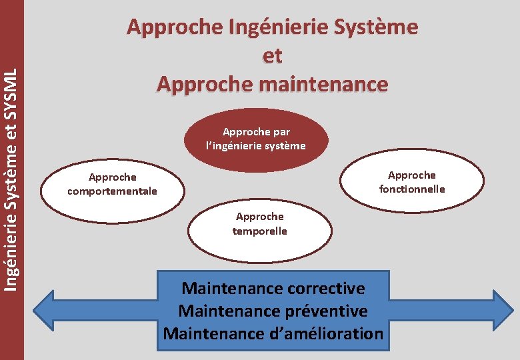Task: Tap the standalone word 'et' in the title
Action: coord(272,56)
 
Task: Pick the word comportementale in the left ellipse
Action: coord(112,191)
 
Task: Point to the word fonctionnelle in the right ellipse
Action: coord(412,189)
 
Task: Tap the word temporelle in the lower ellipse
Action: coord(259,231)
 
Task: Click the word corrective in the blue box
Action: coord(326,289)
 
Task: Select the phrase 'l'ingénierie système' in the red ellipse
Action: coord(256,145)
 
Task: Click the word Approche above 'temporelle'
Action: coord(259,217)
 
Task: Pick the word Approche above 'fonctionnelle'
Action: coord(412,175)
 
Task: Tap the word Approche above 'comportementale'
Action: coord(112,177)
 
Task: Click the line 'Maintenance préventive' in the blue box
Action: coord(273,311)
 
